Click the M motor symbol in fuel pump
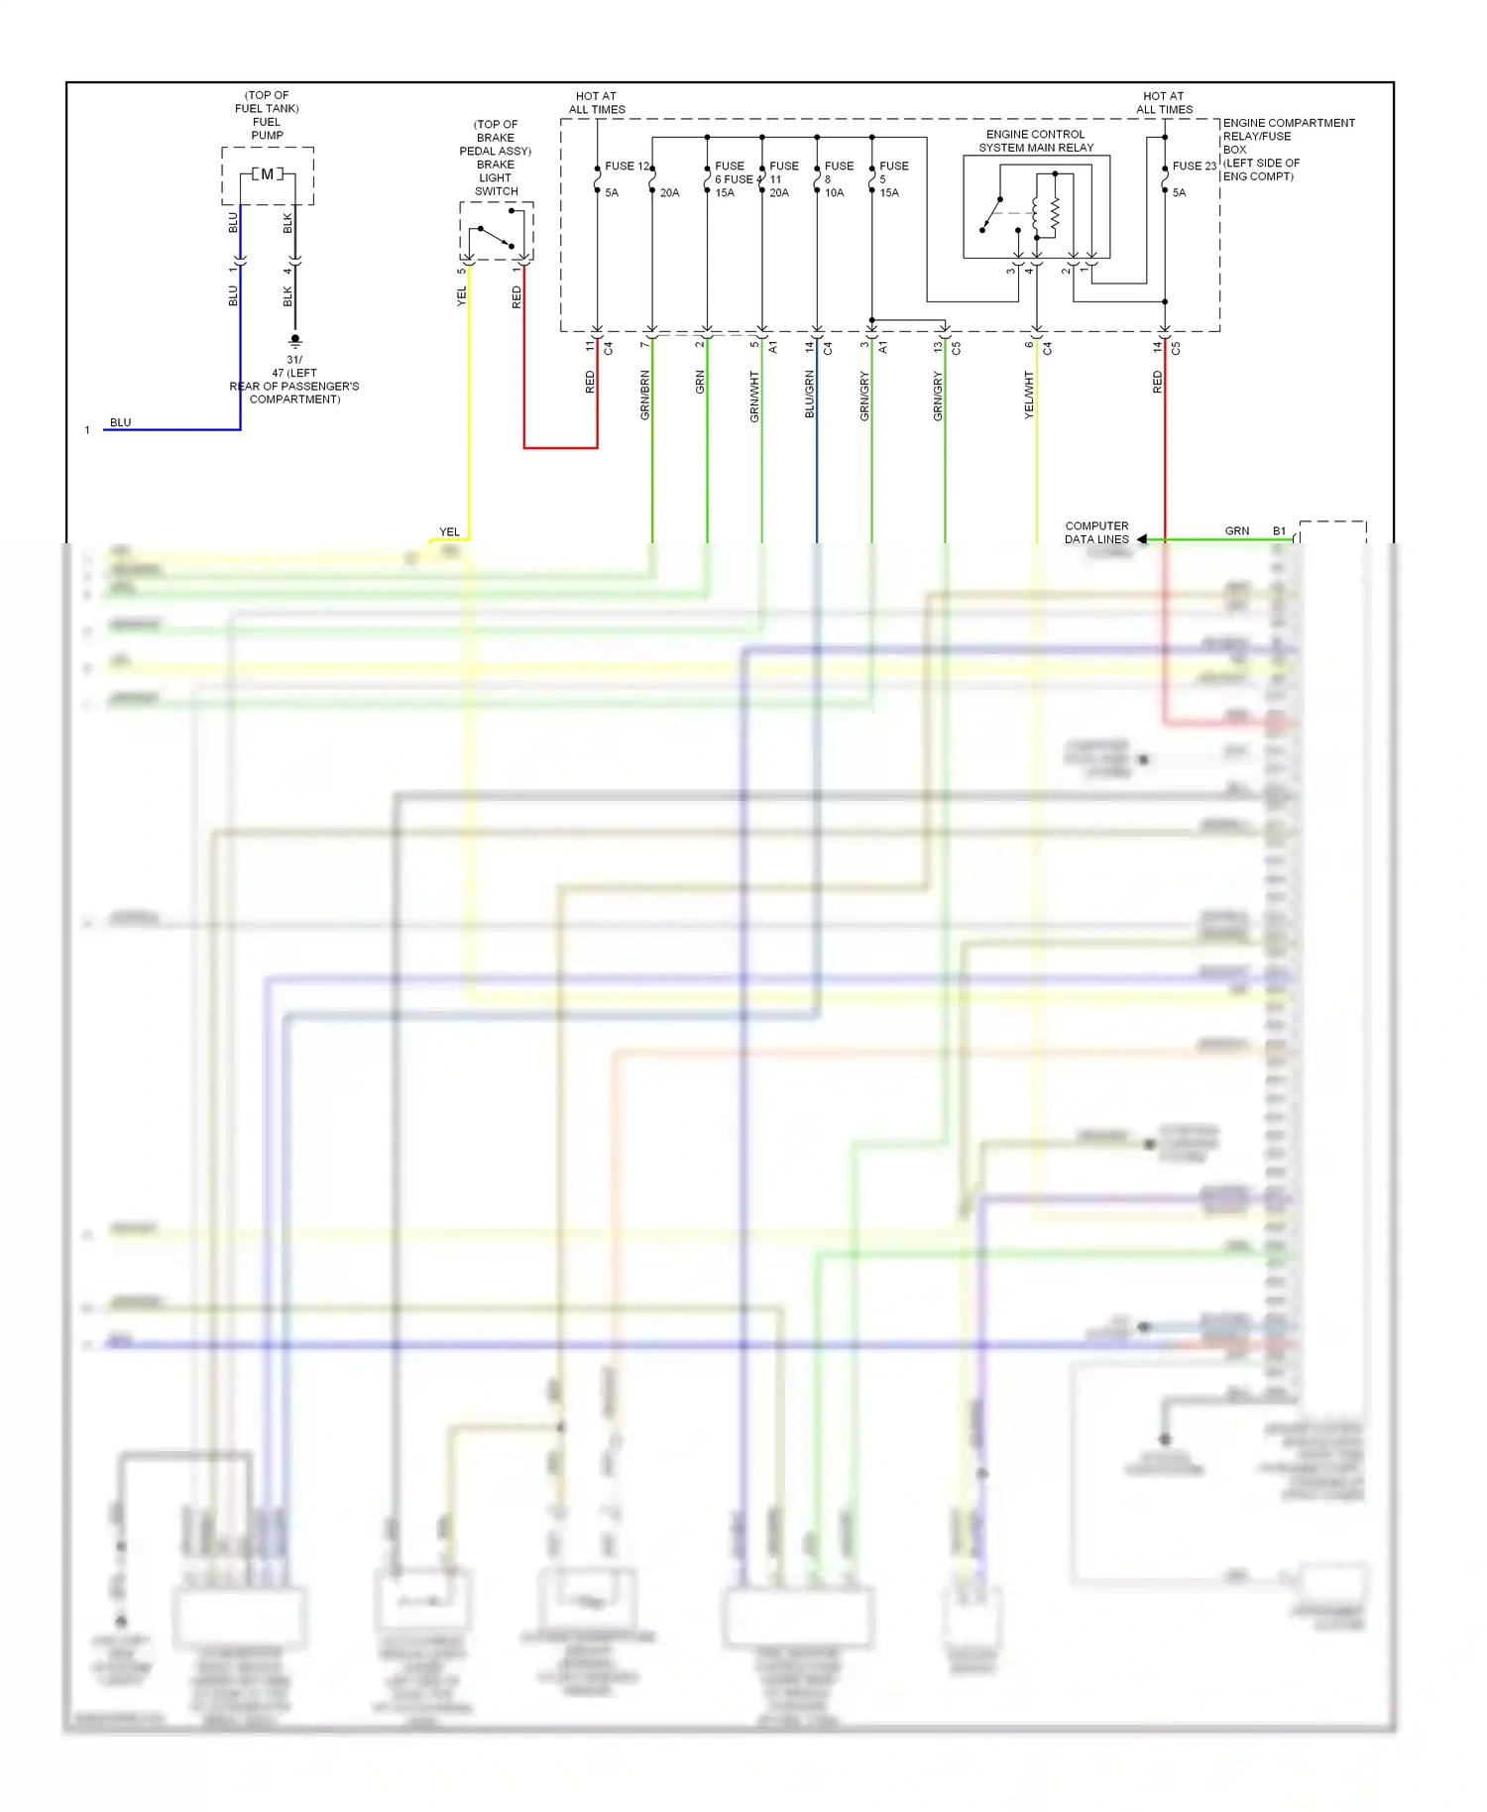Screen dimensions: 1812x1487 tap(267, 174)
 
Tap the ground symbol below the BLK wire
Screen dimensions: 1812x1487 tap(294, 340)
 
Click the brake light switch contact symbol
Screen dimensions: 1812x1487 tap(496, 237)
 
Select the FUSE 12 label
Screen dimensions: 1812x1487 tap(628, 167)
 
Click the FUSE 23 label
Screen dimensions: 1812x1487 tap(1194, 167)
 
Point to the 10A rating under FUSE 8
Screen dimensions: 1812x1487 tap(835, 193)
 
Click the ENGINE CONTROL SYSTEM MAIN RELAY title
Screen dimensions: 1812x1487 tap(1036, 141)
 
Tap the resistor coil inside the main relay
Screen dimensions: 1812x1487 tap(1055, 212)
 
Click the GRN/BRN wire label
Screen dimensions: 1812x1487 tap(645, 396)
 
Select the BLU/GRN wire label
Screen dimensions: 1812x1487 tap(810, 395)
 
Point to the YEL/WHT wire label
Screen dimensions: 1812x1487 tap(1029, 396)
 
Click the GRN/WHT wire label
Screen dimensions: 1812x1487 tap(754, 396)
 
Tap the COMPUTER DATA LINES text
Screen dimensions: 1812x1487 tap(1096, 533)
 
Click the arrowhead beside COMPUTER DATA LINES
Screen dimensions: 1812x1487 tap(1142, 539)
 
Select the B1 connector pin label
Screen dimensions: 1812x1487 tap(1279, 531)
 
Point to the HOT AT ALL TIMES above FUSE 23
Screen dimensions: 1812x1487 tap(1164, 103)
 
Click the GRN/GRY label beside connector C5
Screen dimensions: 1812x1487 tap(938, 396)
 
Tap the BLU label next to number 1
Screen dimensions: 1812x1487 tap(120, 422)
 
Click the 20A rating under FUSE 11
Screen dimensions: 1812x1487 tap(779, 193)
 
